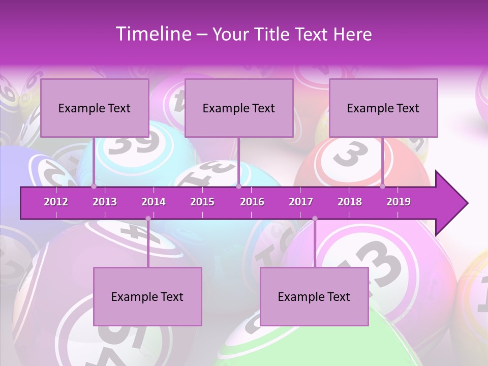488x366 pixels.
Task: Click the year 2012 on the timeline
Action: [56, 202]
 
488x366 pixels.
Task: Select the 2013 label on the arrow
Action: [105, 202]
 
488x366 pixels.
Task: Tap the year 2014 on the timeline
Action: [154, 202]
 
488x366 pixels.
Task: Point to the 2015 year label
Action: [202, 202]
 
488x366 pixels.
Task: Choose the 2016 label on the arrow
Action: [252, 202]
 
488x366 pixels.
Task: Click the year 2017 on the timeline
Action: [301, 202]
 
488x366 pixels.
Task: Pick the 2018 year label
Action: [350, 202]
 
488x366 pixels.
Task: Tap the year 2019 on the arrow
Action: [399, 202]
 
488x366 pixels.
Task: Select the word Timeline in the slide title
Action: [152, 34]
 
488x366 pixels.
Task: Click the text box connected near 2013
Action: [95, 108]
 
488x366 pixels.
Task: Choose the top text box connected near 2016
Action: [239, 108]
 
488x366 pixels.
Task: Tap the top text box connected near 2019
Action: [383, 108]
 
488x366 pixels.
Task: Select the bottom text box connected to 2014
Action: [147, 296]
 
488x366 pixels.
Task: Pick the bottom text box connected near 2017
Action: [314, 296]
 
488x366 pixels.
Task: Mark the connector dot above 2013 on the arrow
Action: [94, 186]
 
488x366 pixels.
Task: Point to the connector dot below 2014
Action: [148, 219]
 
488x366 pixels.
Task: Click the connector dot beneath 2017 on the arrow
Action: [315, 219]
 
